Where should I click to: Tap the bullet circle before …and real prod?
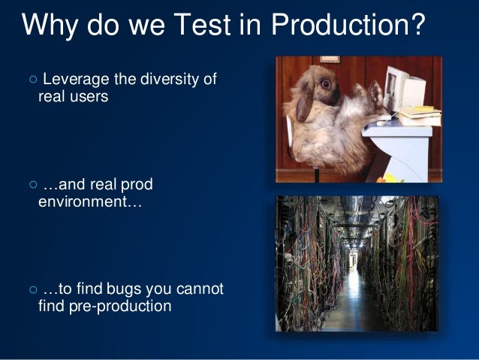click(30, 186)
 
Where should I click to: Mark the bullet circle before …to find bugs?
click(30, 290)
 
